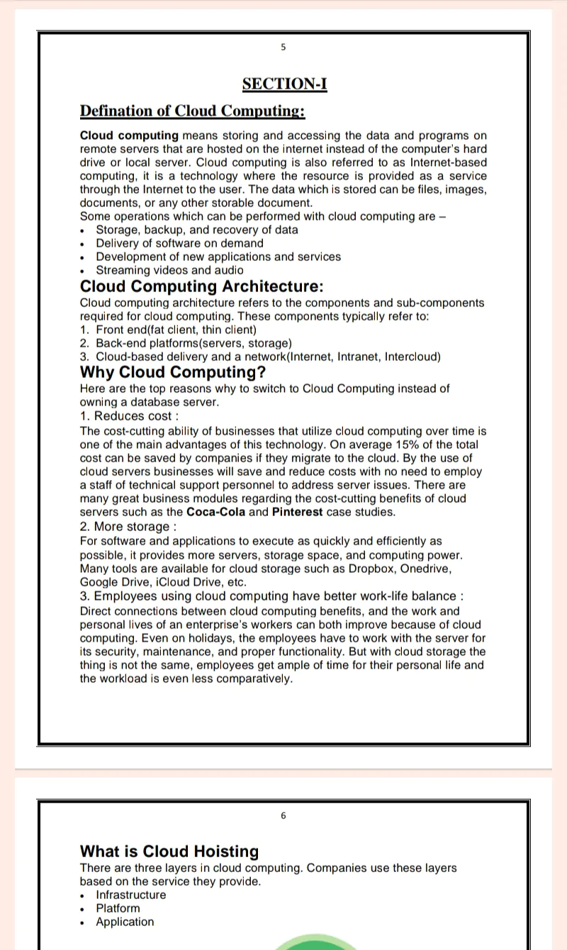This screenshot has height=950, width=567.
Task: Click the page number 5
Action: click(283, 47)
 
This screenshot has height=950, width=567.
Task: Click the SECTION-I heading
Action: click(284, 84)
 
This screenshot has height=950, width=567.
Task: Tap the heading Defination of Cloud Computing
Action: click(192, 111)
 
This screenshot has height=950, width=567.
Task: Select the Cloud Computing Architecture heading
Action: click(201, 286)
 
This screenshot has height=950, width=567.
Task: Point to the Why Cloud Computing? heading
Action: click(173, 372)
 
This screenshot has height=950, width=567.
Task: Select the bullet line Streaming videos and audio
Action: click(169, 270)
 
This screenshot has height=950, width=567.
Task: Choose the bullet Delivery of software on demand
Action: click(179, 243)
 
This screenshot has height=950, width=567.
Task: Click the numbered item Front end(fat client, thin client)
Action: click(176, 330)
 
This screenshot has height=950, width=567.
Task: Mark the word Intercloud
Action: click(412, 357)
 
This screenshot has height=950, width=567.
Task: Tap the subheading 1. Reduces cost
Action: click(129, 416)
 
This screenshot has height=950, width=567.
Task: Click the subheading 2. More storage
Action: click(128, 526)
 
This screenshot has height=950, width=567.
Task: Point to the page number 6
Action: click(283, 816)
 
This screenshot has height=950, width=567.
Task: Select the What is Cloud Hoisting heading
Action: click(169, 851)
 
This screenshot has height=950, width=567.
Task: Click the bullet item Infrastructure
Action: click(131, 895)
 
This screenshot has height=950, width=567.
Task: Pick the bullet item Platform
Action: click(118, 908)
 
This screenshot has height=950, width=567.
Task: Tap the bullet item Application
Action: click(125, 922)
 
